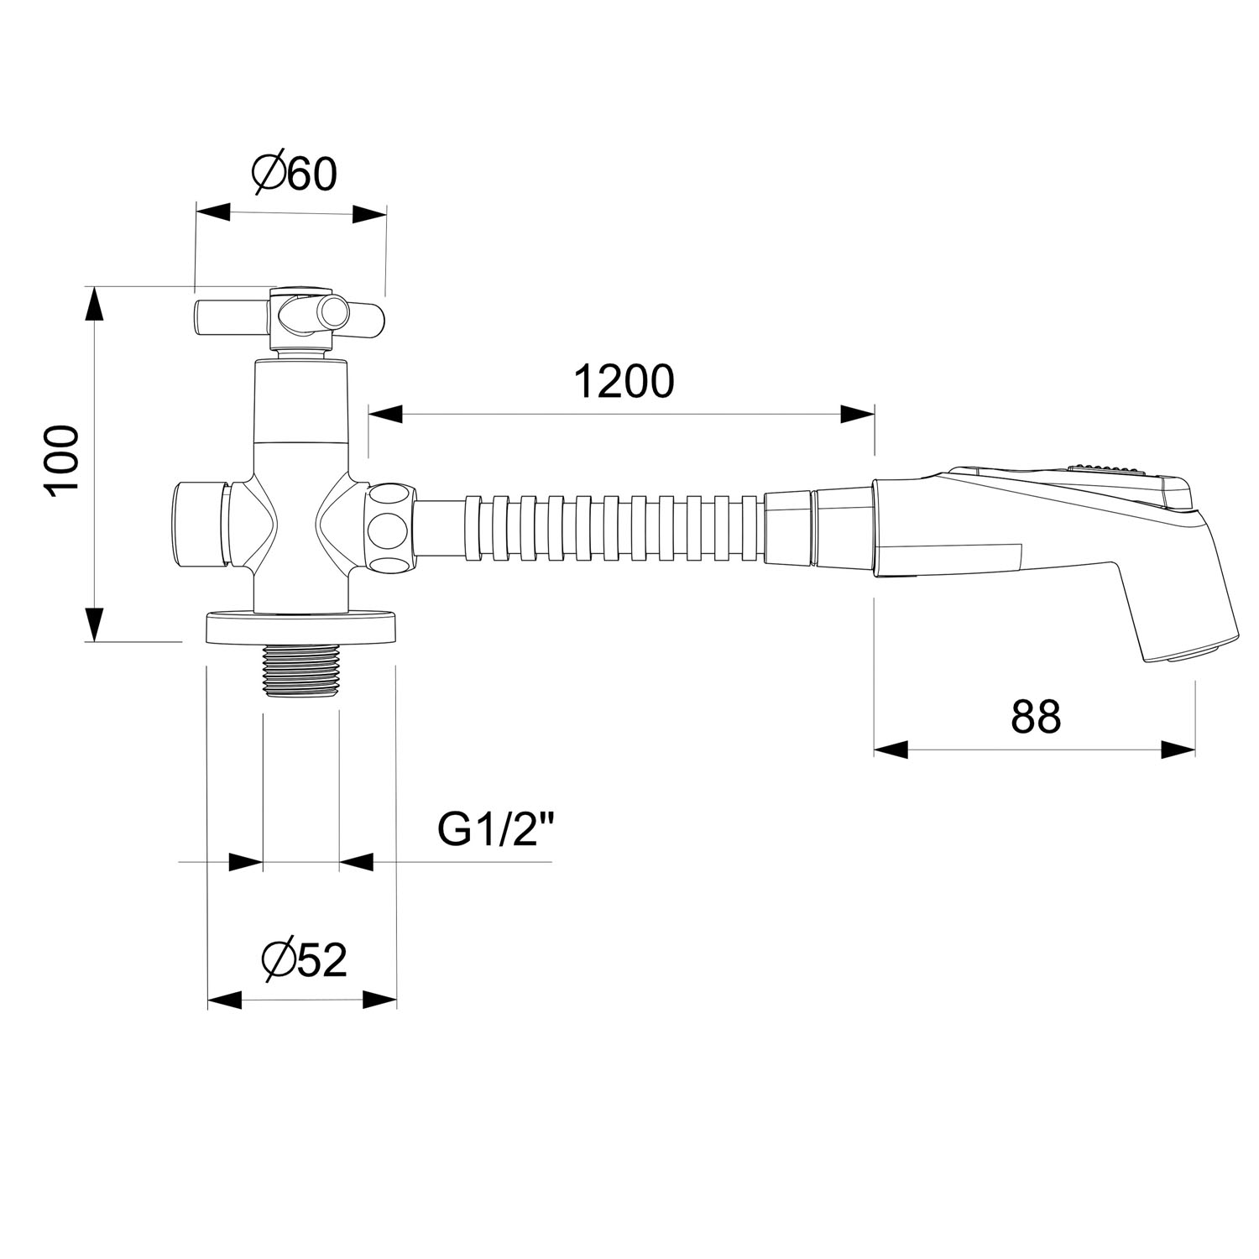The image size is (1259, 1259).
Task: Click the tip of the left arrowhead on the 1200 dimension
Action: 368,414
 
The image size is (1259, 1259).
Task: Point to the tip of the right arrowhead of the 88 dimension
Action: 1194,750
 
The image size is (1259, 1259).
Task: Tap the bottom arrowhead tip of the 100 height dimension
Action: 96,641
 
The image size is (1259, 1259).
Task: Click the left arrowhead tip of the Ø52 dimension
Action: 207,1000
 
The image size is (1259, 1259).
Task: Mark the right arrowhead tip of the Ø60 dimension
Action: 386,213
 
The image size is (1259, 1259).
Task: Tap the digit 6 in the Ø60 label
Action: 298,174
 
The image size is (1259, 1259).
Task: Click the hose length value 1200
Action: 624,382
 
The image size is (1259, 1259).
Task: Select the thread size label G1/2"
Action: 497,830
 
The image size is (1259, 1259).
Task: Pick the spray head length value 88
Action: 1036,718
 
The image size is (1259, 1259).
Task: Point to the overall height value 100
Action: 63,462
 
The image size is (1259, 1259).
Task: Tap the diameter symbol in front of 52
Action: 277,960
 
